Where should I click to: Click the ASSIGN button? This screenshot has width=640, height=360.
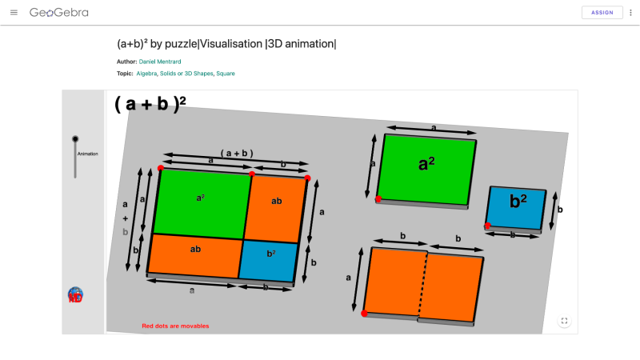pyautogui.click(x=602, y=13)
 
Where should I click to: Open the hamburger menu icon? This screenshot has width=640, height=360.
pyautogui.click(x=14, y=13)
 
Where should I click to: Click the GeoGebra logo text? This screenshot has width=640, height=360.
pyautogui.click(x=58, y=13)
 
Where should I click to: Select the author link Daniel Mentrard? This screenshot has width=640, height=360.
pyautogui.click(x=162, y=62)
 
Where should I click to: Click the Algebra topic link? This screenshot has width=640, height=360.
pyautogui.click(x=146, y=74)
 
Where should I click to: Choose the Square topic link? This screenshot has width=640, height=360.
pyautogui.click(x=226, y=74)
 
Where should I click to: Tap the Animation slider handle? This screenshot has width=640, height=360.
pyautogui.click(x=75, y=138)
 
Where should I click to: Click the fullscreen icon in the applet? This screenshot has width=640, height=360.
pyautogui.click(x=565, y=321)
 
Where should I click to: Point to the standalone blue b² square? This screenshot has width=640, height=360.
pyautogui.click(x=517, y=206)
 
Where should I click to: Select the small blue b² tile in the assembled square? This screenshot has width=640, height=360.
pyautogui.click(x=270, y=257)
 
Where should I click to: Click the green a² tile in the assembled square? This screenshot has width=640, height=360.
pyautogui.click(x=201, y=202)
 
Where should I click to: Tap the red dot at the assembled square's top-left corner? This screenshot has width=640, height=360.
pyautogui.click(x=161, y=168)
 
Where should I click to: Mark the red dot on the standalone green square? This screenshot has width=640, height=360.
pyautogui.click(x=379, y=198)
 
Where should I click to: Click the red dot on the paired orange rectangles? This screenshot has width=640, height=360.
pyautogui.click(x=365, y=314)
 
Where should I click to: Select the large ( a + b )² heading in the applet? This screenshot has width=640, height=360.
pyautogui.click(x=150, y=105)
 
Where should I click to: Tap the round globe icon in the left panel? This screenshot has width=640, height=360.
pyautogui.click(x=76, y=295)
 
